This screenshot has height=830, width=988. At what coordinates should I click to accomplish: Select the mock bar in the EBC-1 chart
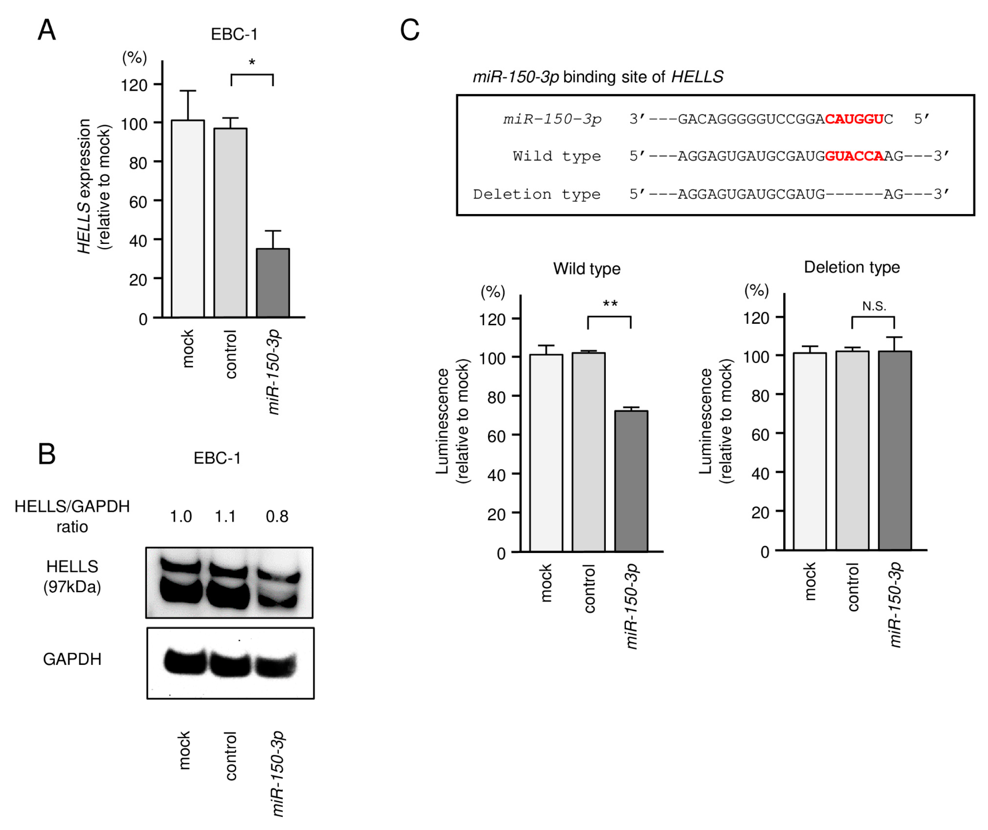pos(188,219)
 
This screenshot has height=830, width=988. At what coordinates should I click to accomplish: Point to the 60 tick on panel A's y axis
pos(138,202)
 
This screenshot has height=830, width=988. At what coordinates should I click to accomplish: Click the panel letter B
pos(46,454)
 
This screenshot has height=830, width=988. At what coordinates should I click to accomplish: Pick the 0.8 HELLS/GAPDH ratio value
pos(277,516)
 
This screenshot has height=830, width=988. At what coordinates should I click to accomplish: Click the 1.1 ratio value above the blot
pos(225,516)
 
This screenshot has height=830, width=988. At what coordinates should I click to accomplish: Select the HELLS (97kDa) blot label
pos(72,576)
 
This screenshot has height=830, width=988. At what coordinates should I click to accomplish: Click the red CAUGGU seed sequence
pos(854,119)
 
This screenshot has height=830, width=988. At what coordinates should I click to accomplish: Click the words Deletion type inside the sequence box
pos(537,194)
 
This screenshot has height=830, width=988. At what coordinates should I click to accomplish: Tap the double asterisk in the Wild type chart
pos(610,304)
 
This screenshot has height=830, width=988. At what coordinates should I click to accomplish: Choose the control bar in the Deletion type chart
pos(852,450)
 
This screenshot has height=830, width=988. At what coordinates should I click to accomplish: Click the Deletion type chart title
pos(852,267)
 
